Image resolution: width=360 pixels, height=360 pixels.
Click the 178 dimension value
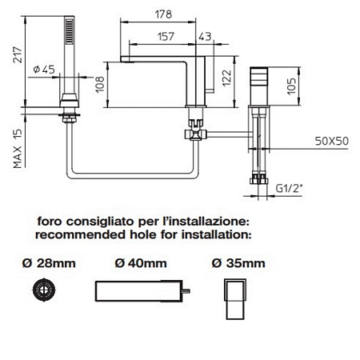coord(163,14)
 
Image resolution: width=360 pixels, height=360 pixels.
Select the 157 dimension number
coord(166,37)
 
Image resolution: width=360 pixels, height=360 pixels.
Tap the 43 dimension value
coord(205,37)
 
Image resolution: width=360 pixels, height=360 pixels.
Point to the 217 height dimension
coord(18,54)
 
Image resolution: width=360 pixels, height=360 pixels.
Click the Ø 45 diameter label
coord(44,70)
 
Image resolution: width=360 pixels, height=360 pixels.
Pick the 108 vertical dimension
coord(100,85)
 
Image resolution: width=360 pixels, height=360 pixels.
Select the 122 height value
coord(227,78)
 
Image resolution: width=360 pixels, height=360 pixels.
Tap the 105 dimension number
coord(292,86)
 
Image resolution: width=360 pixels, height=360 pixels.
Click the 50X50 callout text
coord(332,141)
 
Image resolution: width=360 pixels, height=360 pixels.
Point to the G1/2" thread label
coord(289,189)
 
